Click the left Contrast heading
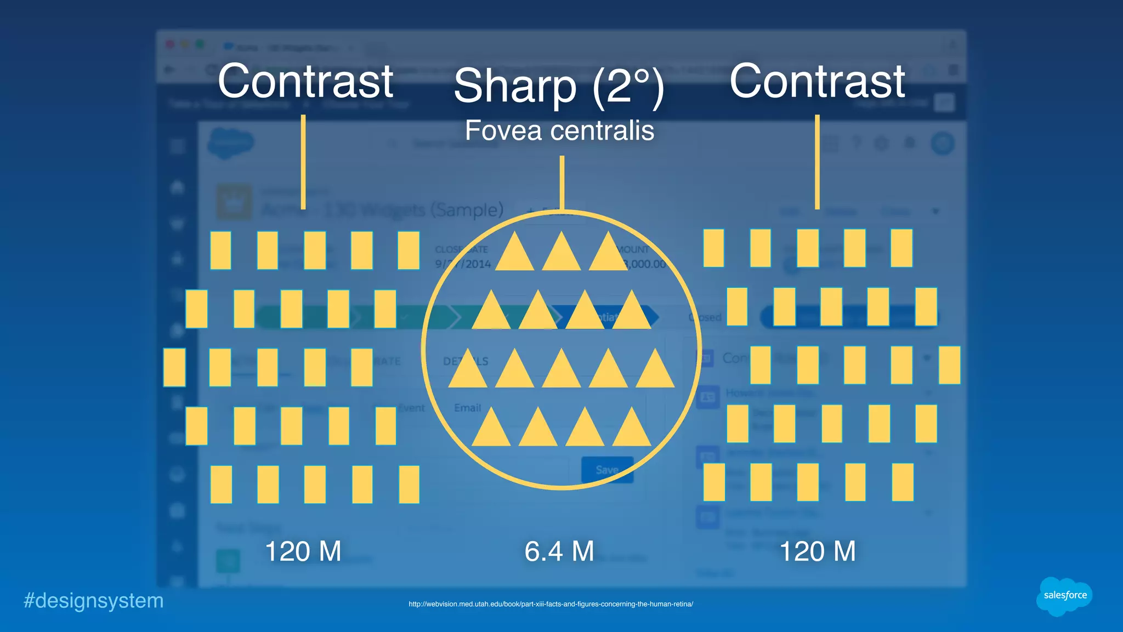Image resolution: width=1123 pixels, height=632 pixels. pos(305,82)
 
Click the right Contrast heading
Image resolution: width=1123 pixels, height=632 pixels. pos(817,82)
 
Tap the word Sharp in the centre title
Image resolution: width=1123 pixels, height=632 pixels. pos(515,86)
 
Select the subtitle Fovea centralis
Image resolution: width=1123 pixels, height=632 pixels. pos(559,130)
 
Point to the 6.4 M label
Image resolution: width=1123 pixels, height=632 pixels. pos(559,551)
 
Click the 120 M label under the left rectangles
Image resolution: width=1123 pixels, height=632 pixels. pos(303,551)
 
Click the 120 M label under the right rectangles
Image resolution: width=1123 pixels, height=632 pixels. pos(817,551)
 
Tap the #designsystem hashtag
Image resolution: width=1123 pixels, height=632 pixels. pos(94,601)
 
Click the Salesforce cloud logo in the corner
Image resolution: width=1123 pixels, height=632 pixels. pos(1064,596)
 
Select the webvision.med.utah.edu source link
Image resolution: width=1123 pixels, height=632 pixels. pos(551,604)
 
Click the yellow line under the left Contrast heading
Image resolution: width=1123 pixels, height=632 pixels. pos(303,162)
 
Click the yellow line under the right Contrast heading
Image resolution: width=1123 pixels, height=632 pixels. pos(817,162)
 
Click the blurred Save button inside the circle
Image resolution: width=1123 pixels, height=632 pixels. pos(607,470)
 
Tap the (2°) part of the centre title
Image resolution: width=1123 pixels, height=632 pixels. pos(628,86)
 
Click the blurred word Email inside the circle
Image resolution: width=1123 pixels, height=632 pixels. pos(467,408)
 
